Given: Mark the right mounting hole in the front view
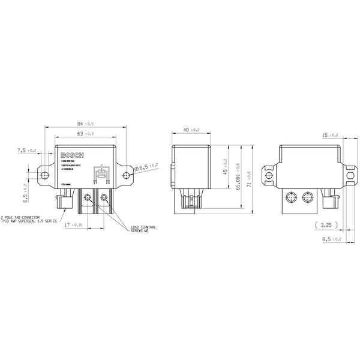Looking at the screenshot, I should coord(125,175).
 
